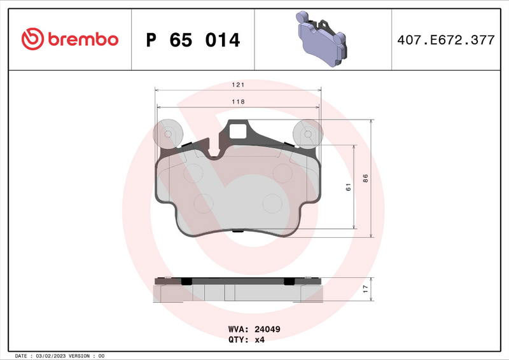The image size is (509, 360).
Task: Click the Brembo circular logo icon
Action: [x=32, y=39]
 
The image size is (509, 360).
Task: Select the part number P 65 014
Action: [x=193, y=40]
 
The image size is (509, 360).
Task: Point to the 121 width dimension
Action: [x=239, y=85]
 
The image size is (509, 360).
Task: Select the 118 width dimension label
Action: [x=239, y=101]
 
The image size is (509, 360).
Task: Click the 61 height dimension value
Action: [x=348, y=186]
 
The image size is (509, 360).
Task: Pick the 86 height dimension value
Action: [x=365, y=179]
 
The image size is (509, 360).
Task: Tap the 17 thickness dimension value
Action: [x=365, y=289]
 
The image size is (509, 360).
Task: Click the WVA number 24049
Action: [x=268, y=330]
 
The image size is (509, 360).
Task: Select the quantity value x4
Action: [x=260, y=340]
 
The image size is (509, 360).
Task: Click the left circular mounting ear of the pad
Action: [x=169, y=134]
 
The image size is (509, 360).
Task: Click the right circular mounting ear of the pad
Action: [x=307, y=134]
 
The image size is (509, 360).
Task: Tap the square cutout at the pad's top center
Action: [x=239, y=131]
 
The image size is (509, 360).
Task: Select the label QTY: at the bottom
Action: [x=238, y=340]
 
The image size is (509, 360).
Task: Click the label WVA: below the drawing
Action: [x=238, y=330]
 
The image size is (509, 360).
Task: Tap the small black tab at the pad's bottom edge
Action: [x=238, y=231]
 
